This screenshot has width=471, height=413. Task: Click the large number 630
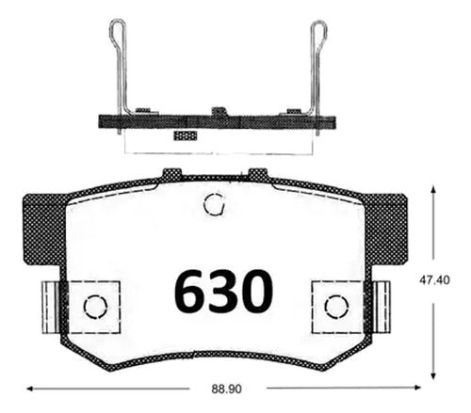pyautogui.click(x=223, y=292)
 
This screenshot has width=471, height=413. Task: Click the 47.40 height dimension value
pyautogui.click(x=434, y=279)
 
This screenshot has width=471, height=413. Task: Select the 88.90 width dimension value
pyautogui.click(x=227, y=389)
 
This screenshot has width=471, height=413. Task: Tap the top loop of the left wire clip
pyautogui.click(x=117, y=30)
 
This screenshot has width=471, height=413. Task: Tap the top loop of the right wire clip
pyautogui.click(x=318, y=30)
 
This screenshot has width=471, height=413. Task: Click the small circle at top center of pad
pyautogui.click(x=214, y=204)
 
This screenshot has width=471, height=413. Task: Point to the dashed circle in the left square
pyautogui.click(x=95, y=307)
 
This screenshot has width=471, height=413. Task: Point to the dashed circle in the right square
pyautogui.click(x=336, y=307)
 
